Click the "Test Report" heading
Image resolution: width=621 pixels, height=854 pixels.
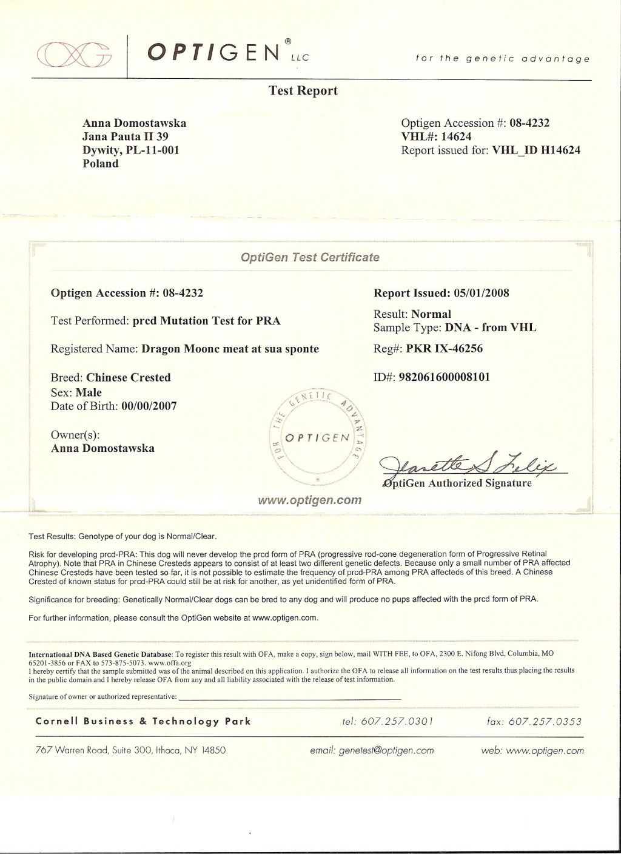303,91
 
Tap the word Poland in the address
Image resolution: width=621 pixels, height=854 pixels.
101,163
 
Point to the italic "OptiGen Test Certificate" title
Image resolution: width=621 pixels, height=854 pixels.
310,257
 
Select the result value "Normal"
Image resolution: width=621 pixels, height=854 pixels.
431,314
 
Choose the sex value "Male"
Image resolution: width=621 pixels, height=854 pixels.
89,392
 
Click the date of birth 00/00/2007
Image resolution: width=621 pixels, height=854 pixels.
149,406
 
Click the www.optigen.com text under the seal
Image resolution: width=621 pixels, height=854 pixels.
310,500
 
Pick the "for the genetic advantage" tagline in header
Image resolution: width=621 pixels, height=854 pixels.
503,59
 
